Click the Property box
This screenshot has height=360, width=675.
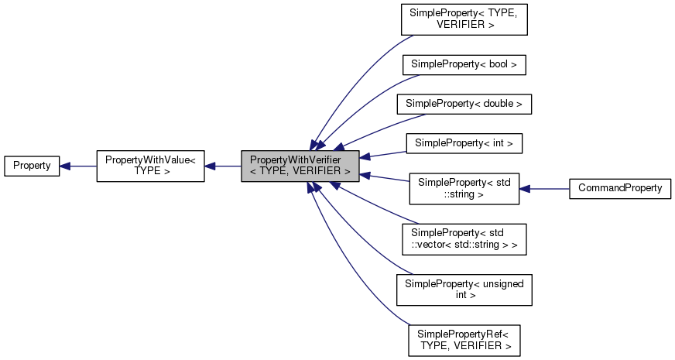(32, 166)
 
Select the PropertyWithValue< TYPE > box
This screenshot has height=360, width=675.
(150, 166)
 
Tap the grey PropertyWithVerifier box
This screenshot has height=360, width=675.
(300, 166)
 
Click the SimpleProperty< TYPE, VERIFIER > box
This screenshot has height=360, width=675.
(464, 19)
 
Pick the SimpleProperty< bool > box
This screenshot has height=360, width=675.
(464, 64)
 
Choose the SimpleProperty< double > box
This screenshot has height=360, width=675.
(464, 103)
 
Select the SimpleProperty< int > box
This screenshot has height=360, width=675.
(464, 143)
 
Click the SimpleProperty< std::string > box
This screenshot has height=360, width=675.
(464, 188)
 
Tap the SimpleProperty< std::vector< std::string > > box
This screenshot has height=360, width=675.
(464, 238)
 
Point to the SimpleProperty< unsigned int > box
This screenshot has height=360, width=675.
(464, 290)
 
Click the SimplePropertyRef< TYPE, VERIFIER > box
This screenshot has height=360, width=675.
(464, 338)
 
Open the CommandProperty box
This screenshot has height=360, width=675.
(620, 188)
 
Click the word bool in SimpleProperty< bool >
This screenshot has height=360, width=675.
(498, 64)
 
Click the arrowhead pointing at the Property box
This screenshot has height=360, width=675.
(65, 166)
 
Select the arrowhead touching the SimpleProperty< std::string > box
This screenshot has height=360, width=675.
(524, 188)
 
